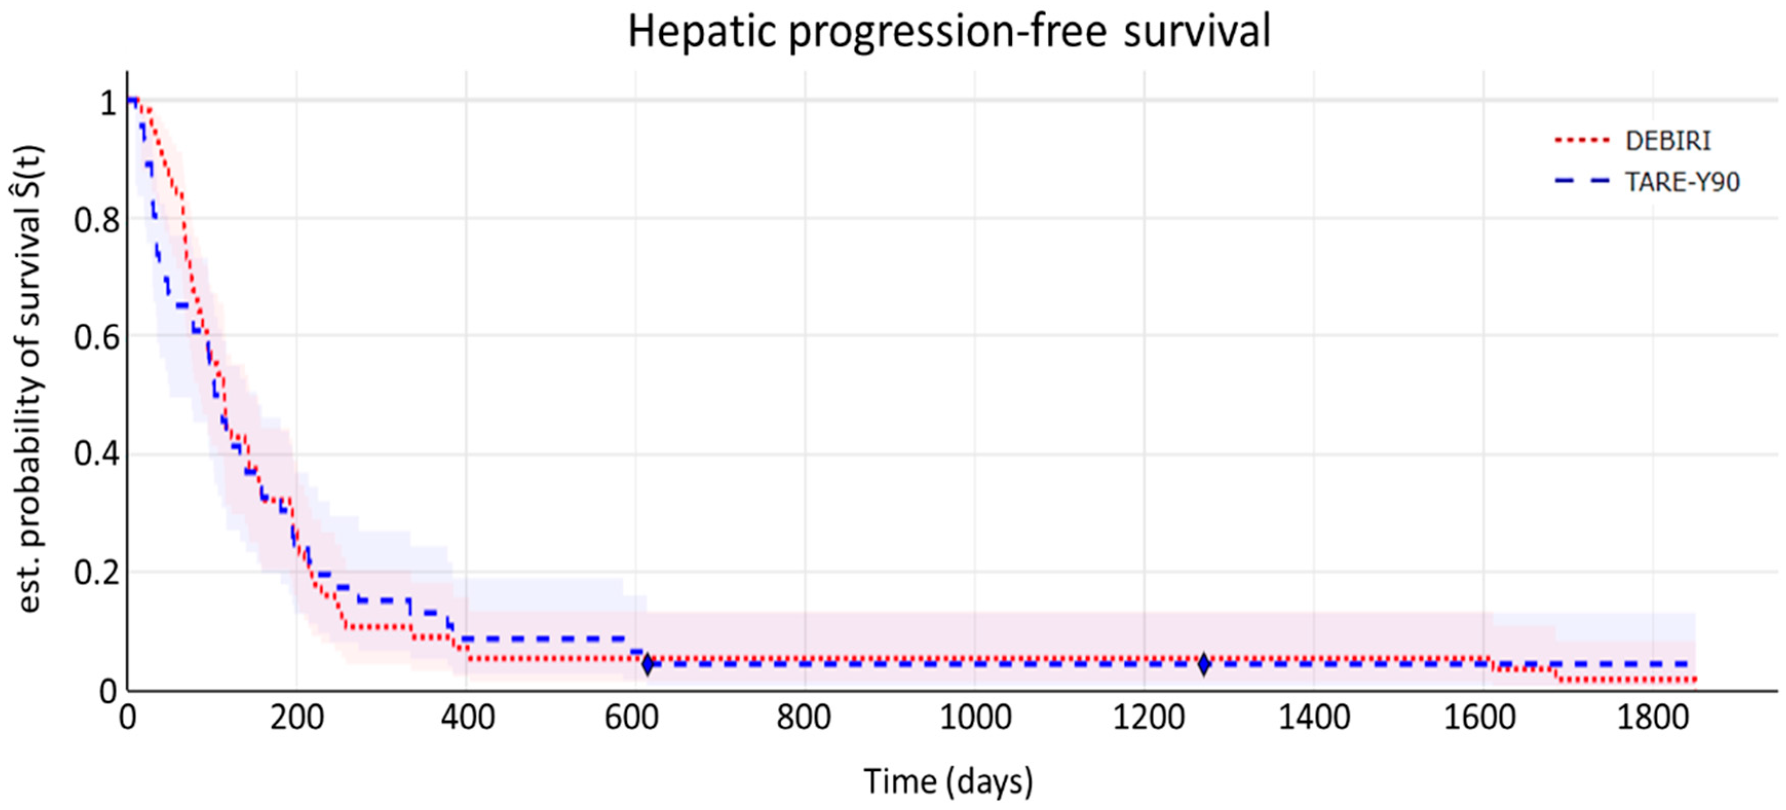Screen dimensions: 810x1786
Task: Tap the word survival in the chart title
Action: [1197, 32]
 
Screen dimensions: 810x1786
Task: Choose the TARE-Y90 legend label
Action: [1683, 182]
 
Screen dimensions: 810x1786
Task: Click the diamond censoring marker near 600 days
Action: [647, 664]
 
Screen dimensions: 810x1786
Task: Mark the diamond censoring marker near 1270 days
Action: [1204, 664]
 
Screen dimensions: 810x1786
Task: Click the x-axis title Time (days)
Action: [948, 782]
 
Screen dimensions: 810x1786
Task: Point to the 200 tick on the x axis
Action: [297, 717]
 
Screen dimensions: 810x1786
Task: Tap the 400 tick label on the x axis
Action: [467, 717]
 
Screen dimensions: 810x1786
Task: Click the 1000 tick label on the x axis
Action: [975, 717]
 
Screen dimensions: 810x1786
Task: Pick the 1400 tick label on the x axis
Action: [1314, 717]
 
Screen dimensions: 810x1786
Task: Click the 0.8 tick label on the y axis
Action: [97, 221]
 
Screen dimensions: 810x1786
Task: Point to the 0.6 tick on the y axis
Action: [97, 338]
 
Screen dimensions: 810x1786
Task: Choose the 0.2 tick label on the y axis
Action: [97, 573]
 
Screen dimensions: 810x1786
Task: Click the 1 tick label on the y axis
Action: [109, 103]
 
